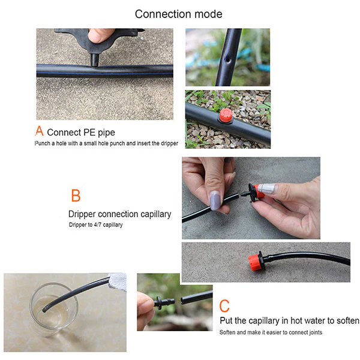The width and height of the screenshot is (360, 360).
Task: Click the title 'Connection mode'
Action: (179, 14)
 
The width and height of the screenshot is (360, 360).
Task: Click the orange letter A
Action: (40, 131)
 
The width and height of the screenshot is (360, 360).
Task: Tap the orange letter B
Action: (76, 196)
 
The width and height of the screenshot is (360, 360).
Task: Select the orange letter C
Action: (224, 305)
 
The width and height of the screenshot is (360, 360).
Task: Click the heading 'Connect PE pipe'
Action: (81, 132)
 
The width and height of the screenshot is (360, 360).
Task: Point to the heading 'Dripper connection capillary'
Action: (119, 214)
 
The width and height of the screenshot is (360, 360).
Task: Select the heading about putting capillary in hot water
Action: (289, 320)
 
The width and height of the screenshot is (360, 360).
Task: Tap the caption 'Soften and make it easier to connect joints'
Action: (279, 332)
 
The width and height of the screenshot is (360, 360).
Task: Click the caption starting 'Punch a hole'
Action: (106, 144)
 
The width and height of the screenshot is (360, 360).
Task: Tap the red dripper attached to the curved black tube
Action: (256, 262)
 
